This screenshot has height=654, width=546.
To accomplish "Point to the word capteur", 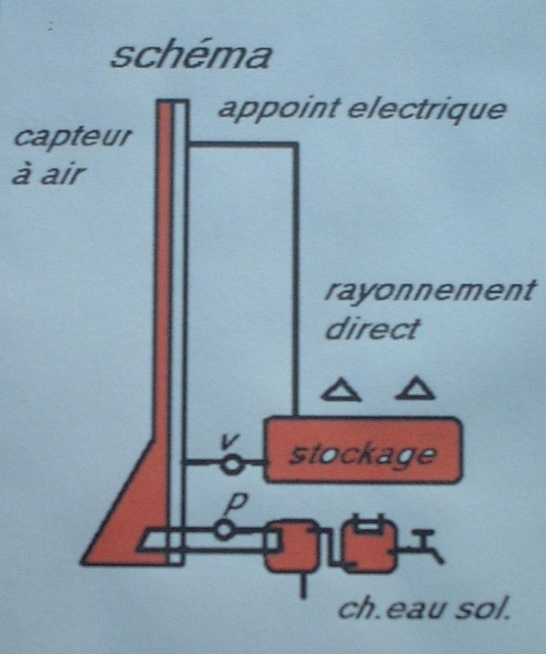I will pos(72,137).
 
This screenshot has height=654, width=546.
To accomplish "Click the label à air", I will pos(49,174).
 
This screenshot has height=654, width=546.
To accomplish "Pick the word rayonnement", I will pos(429,292).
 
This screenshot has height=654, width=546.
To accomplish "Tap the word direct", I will pos(372,330).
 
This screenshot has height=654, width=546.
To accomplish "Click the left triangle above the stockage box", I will pos(341,390).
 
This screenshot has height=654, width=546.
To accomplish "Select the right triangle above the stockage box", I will pos(416,389).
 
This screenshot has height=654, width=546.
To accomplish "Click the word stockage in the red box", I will pos(363,455).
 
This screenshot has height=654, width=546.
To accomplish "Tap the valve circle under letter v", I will pos(233,464).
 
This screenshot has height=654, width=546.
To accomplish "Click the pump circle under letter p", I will pos(224,529).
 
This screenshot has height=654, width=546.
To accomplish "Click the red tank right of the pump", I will pos(292,546).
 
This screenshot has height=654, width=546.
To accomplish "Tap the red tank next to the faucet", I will pos(369,547).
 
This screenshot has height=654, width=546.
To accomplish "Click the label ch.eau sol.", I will pos(424,609).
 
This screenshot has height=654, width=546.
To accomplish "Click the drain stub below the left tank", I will pos(303,586).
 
